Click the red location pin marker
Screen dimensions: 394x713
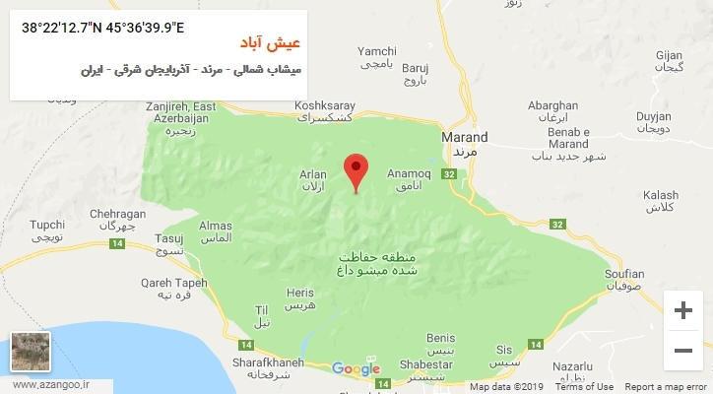click(356, 170)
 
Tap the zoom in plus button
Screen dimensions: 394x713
click(682, 311)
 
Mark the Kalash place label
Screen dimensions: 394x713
click(660, 201)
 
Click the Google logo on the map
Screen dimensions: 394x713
click(356, 369)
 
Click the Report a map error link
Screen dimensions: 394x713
click(667, 387)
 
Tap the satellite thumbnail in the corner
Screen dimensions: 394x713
click(30, 352)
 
